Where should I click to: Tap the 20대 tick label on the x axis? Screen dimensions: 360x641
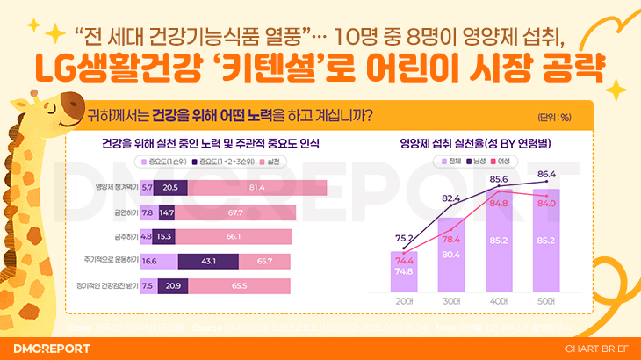403,301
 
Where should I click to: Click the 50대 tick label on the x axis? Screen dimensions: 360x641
546,301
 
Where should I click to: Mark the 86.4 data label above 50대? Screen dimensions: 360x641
547,175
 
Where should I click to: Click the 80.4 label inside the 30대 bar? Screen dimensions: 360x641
451,255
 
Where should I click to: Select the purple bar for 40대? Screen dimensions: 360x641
499,255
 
